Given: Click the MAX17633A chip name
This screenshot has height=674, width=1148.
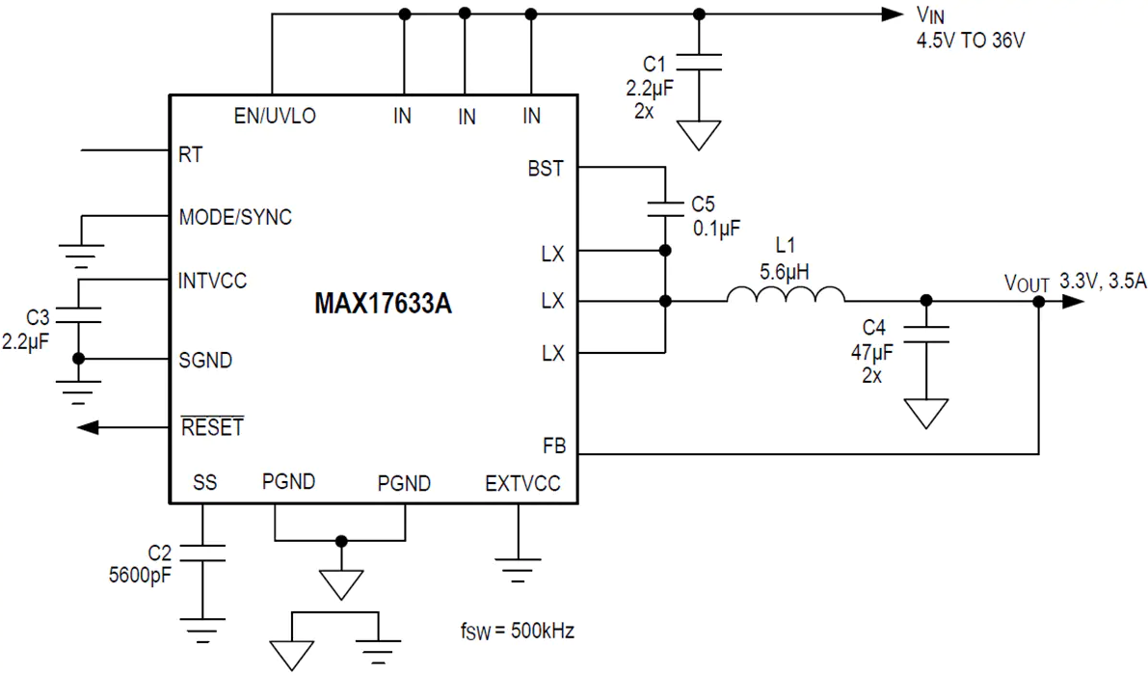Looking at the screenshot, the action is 383,303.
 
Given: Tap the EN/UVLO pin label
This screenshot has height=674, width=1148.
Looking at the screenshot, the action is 275,116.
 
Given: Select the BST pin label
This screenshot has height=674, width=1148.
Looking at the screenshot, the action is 546,169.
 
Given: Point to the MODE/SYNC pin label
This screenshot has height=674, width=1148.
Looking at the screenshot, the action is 235,217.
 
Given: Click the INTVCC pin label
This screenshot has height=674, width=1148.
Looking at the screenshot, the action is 212,281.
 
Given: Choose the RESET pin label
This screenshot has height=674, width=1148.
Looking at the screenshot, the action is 212,426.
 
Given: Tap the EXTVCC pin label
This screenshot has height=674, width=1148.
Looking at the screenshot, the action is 522,483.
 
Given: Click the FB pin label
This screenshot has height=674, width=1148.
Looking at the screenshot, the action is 554,445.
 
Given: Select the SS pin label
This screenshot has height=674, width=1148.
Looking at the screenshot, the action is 205,482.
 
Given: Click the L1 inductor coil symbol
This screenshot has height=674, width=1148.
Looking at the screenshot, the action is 786,294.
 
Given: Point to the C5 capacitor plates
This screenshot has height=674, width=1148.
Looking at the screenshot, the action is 665,209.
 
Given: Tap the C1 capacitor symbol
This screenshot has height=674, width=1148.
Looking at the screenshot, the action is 699,63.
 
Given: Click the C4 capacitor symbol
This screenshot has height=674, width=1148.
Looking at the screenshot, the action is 926,335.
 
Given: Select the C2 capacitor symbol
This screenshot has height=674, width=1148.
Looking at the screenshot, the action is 202,553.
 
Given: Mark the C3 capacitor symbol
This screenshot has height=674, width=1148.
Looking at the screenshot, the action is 78,315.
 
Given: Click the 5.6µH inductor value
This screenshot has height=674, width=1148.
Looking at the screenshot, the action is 784,273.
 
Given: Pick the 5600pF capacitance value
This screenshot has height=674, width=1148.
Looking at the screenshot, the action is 140,575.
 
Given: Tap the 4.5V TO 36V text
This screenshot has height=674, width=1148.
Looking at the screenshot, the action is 971,40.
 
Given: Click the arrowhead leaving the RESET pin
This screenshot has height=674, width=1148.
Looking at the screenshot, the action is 88,427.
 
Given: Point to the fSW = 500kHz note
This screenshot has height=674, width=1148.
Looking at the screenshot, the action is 518,631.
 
